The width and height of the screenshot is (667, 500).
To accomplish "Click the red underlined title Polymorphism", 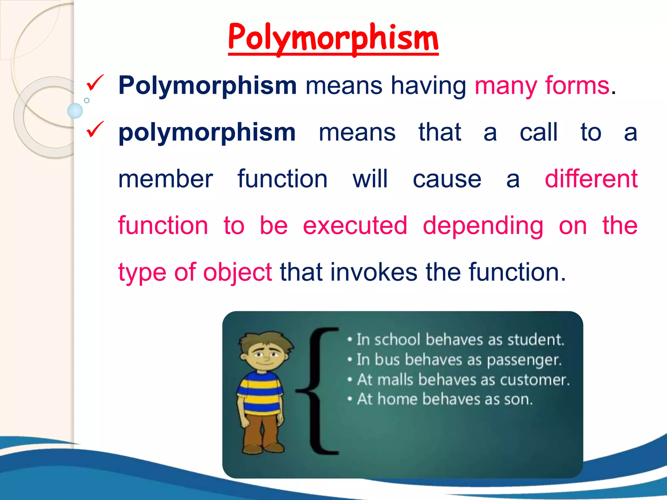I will click(x=333, y=38).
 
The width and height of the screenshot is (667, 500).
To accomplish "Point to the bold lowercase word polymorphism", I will click(x=207, y=133).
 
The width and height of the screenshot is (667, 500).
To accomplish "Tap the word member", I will click(x=165, y=179).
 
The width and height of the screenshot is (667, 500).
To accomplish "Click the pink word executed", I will click(x=355, y=226).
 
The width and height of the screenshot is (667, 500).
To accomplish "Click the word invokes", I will click(x=374, y=272).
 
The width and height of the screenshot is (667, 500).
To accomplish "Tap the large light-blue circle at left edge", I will click(x=75, y=111).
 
